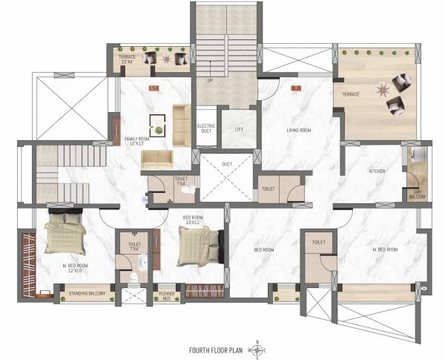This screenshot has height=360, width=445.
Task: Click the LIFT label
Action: click(x=239, y=129)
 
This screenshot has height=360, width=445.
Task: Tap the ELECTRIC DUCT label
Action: click(x=206, y=128)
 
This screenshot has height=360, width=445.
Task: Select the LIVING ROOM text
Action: click(x=298, y=131)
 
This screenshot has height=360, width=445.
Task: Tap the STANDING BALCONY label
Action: click(x=88, y=294)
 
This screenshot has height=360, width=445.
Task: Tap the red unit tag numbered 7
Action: click(x=296, y=88)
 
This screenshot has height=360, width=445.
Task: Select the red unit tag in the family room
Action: click(x=154, y=88)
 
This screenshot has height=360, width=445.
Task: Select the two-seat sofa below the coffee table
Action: click(x=157, y=158)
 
